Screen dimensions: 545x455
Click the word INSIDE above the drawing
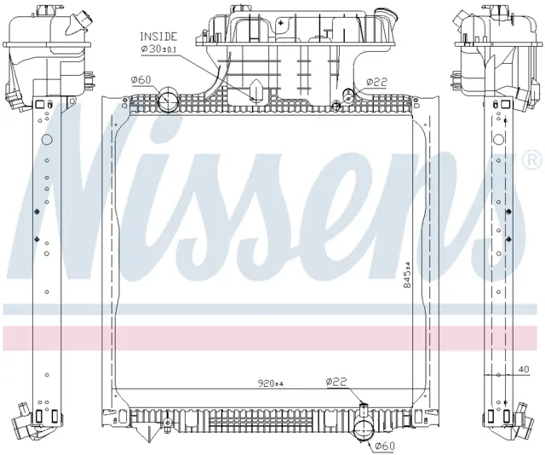click(158, 36)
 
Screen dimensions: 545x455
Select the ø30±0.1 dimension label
click(158, 49)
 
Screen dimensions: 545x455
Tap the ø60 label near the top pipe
click(141, 80)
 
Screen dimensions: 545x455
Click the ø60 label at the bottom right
click(384, 446)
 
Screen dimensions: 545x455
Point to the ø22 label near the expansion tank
click(376, 82)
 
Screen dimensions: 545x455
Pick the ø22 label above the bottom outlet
click(336, 382)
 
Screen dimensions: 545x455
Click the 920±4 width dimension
click(271, 383)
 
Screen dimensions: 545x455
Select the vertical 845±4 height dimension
click(408, 275)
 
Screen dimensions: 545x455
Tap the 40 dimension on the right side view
click(525, 370)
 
